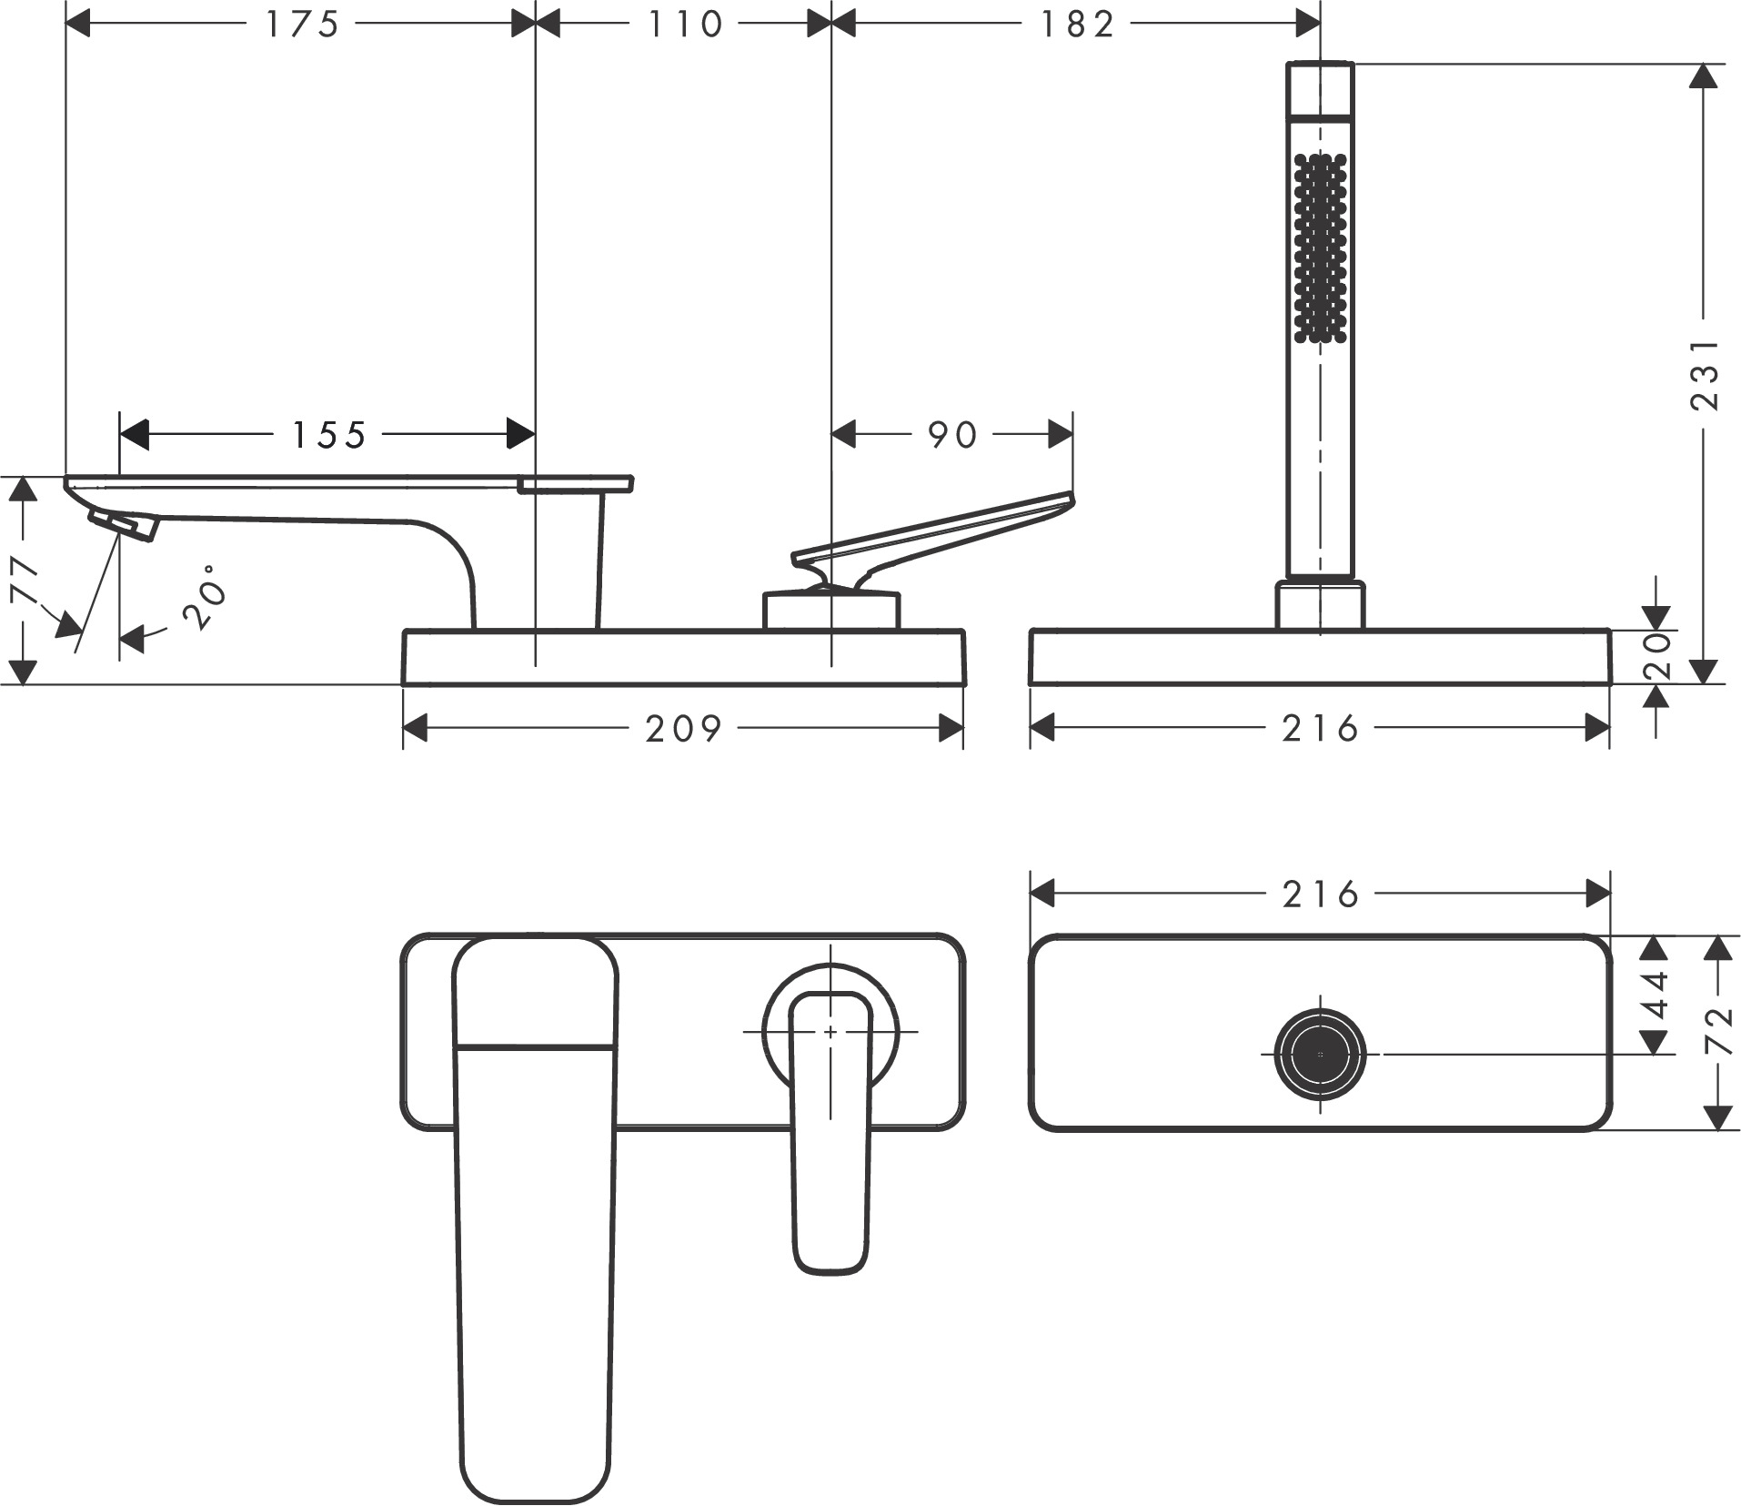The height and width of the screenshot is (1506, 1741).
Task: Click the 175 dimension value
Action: click(302, 25)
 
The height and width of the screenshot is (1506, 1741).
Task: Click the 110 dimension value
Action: click(685, 25)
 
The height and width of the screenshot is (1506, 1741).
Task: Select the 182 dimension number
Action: click(1078, 25)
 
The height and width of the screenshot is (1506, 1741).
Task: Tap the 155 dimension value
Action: click(328, 435)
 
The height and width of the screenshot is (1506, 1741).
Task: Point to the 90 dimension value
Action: click(952, 435)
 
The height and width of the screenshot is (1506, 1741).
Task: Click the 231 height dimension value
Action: click(1706, 374)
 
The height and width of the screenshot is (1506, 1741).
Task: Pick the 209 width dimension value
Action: click(684, 728)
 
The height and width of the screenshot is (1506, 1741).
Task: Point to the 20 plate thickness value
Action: click(1657, 656)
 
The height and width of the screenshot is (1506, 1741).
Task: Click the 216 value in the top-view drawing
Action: click(1321, 895)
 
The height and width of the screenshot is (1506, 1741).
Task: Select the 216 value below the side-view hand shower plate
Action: click(1321, 728)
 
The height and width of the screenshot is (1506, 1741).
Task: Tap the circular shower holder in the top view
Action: click(1320, 1054)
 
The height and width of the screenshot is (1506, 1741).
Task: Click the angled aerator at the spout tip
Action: click(124, 523)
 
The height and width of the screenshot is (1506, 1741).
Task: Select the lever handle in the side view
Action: click(937, 537)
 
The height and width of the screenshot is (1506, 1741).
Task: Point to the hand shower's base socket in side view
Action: click(1320, 604)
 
